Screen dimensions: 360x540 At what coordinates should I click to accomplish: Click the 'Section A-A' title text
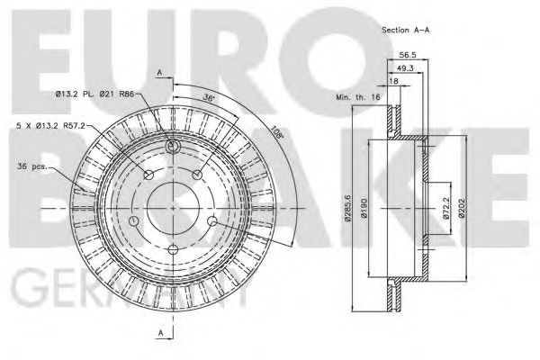[407, 29]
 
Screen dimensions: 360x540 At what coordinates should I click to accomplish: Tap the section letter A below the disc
[158, 333]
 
